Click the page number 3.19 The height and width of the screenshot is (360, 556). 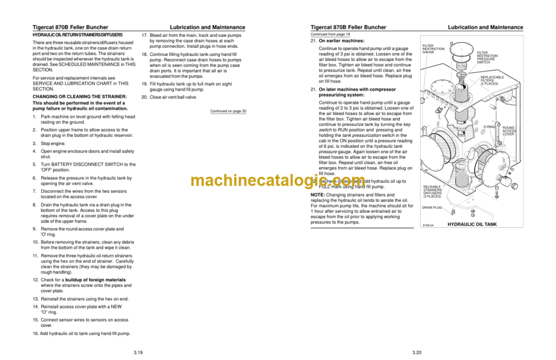(x=138, y=352)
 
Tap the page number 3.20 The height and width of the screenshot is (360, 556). (x=416, y=352)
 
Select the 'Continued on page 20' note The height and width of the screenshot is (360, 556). (x=228, y=111)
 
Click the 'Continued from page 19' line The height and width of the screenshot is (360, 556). (x=330, y=34)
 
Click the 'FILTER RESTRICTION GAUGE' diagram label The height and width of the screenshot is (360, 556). (x=433, y=49)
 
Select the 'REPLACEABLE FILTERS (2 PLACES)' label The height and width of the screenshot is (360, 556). (x=492, y=81)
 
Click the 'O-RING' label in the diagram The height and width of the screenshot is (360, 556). (x=489, y=127)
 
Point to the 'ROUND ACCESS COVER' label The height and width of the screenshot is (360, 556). (x=509, y=131)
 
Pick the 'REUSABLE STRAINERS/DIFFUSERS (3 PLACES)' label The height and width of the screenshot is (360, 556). (x=433, y=191)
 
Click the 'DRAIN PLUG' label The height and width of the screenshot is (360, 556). (x=432, y=207)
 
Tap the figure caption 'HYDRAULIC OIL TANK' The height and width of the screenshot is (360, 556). (x=472, y=224)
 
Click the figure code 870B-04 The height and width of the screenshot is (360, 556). (x=429, y=225)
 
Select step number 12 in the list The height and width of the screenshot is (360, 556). (x=35, y=280)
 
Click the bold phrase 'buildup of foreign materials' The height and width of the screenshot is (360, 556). (x=96, y=280)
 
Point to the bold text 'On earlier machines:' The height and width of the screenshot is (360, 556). (x=342, y=41)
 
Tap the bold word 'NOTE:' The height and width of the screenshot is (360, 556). (x=318, y=195)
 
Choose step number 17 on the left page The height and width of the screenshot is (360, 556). (x=144, y=35)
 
